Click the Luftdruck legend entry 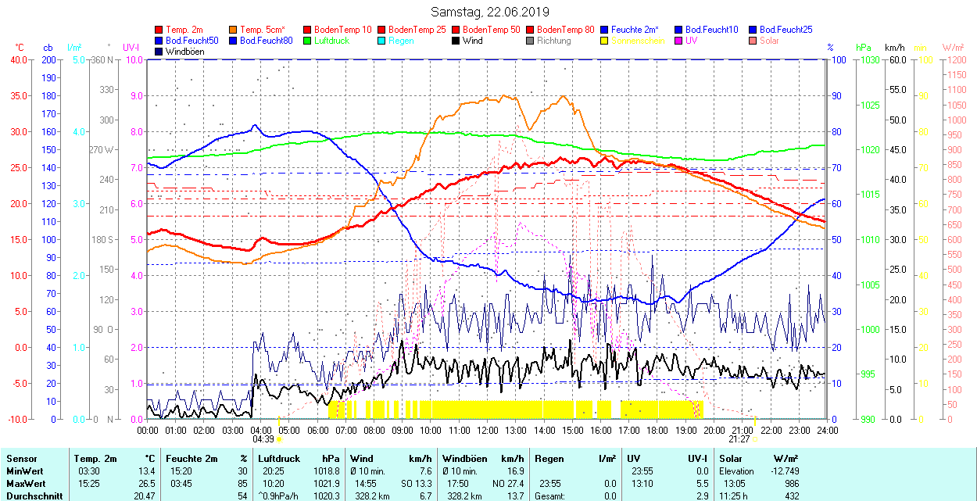327,41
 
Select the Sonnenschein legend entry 638,41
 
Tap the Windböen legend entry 184,52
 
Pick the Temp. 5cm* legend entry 263,30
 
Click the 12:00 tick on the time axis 487,430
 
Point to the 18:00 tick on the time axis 657,430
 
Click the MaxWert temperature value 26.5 145,483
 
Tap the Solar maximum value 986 790,483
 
